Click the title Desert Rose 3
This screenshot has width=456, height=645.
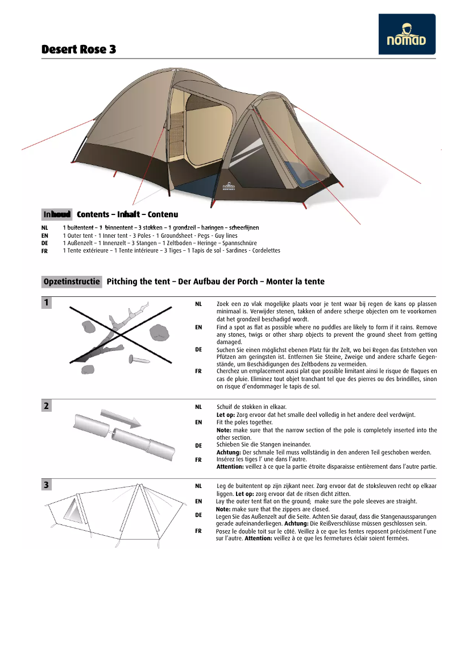point(78,49)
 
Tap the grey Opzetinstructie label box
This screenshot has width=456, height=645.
point(72,282)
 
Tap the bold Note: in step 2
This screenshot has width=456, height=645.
point(224,431)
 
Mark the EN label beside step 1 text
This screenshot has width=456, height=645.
point(198,328)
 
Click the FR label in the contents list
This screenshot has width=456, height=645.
point(45,251)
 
